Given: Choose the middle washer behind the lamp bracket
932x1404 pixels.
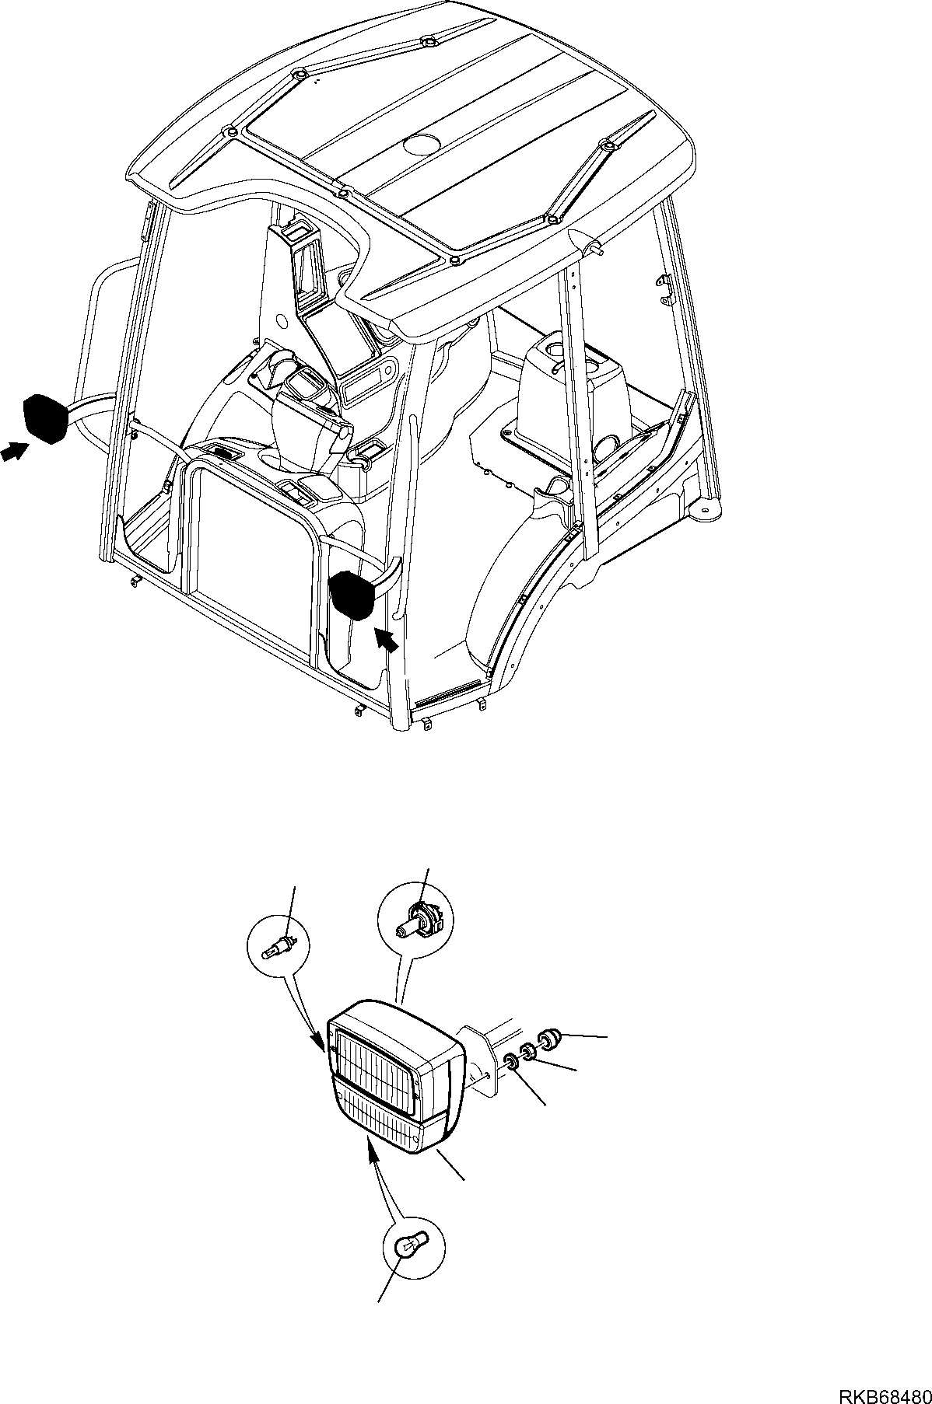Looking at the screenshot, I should point(528,1052).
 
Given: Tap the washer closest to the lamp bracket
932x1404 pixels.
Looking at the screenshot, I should point(511,1062).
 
